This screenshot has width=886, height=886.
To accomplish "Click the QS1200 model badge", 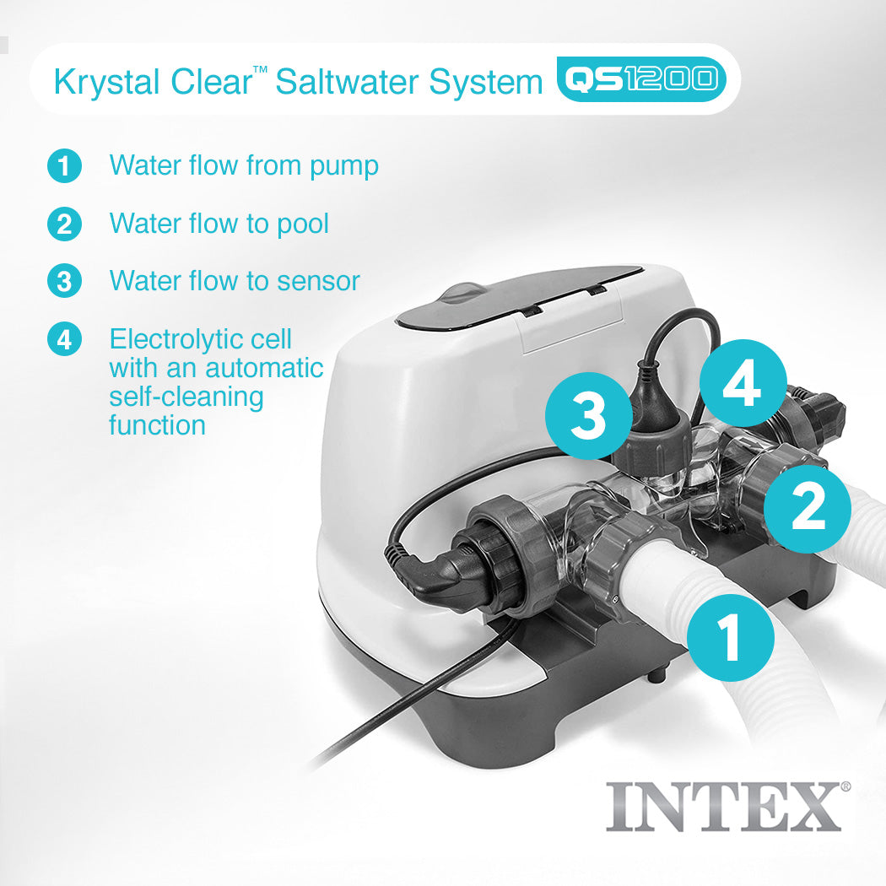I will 641,79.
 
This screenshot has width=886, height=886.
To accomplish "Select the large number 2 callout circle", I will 808,510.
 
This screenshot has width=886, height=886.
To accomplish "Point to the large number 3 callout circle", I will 589,416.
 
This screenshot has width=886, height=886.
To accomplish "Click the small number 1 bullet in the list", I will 64,165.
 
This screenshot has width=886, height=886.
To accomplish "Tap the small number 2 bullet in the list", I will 64,224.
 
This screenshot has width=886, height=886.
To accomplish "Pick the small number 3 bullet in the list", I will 64,281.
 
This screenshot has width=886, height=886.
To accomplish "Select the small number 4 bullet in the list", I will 64,339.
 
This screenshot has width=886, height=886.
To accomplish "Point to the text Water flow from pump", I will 243,165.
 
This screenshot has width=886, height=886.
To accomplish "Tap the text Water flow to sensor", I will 235,281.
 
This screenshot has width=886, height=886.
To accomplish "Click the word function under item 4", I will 157,425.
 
